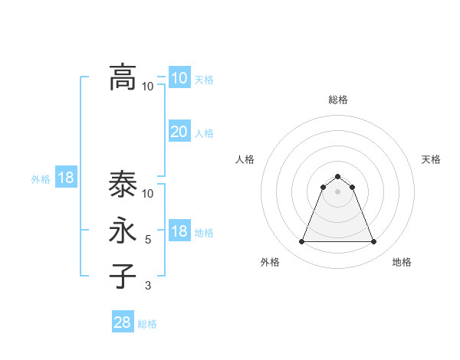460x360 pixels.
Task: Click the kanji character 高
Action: point(123,77)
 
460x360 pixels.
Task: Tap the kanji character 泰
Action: point(123,185)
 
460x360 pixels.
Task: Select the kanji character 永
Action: point(123,231)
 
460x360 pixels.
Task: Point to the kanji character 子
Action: point(123,277)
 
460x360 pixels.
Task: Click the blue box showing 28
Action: point(123,322)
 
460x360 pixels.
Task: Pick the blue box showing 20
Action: point(179,132)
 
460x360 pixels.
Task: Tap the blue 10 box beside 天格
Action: point(179,78)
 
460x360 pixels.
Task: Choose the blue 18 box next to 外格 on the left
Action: point(66,178)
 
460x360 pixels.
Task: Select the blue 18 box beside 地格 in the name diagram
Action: point(179,231)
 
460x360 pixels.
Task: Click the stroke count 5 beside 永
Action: point(148,240)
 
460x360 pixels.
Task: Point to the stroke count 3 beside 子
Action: point(148,286)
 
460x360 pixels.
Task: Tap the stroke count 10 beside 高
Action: point(148,86)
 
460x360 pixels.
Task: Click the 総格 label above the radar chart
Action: point(337,100)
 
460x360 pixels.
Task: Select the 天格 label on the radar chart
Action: point(431,159)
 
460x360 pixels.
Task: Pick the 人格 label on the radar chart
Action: point(245,159)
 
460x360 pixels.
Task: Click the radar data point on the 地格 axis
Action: point(373,242)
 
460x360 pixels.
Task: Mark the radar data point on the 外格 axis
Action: point(301,242)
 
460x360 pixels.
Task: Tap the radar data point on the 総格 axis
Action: point(337,176)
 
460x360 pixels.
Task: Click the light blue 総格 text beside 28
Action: point(147,324)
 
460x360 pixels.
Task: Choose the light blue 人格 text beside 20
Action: point(204,133)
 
